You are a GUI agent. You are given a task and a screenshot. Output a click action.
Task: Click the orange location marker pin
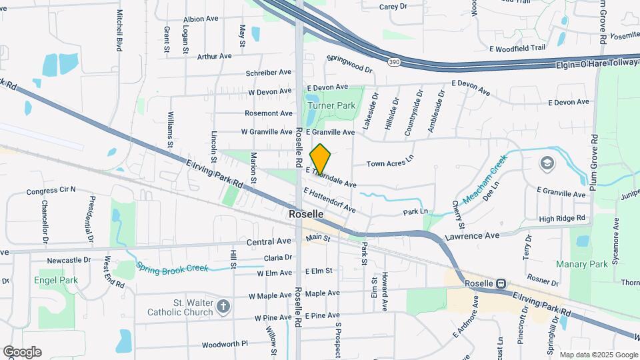click(321, 159)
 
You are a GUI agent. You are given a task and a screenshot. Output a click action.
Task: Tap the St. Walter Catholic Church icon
click(223, 307)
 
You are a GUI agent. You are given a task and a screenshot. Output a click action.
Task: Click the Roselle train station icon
click(501, 283)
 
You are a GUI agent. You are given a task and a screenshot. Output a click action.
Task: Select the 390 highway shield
click(395, 62)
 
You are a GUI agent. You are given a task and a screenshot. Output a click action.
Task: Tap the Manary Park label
click(582, 264)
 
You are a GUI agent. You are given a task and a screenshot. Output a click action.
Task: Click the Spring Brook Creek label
click(172, 267)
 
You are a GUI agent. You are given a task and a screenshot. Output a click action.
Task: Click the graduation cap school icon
click(547, 163)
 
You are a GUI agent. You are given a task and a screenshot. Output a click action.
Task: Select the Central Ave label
click(269, 241)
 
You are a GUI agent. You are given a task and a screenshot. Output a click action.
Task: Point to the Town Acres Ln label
click(390, 163)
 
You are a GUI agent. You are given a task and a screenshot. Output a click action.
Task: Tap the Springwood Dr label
click(349, 64)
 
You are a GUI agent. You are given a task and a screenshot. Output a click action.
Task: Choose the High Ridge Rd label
click(561, 218)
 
